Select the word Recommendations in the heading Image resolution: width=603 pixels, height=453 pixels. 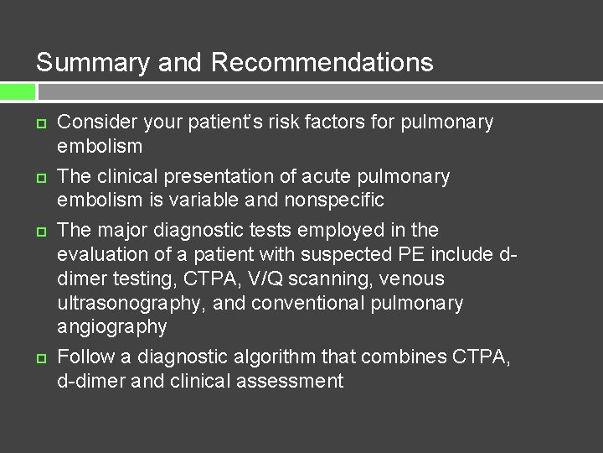click(322, 63)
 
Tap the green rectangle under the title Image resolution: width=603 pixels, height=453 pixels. click(18, 91)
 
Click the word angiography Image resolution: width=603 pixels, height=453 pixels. click(111, 326)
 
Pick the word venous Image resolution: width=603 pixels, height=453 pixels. click(415, 279)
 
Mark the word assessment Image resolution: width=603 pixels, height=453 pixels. click(291, 381)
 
